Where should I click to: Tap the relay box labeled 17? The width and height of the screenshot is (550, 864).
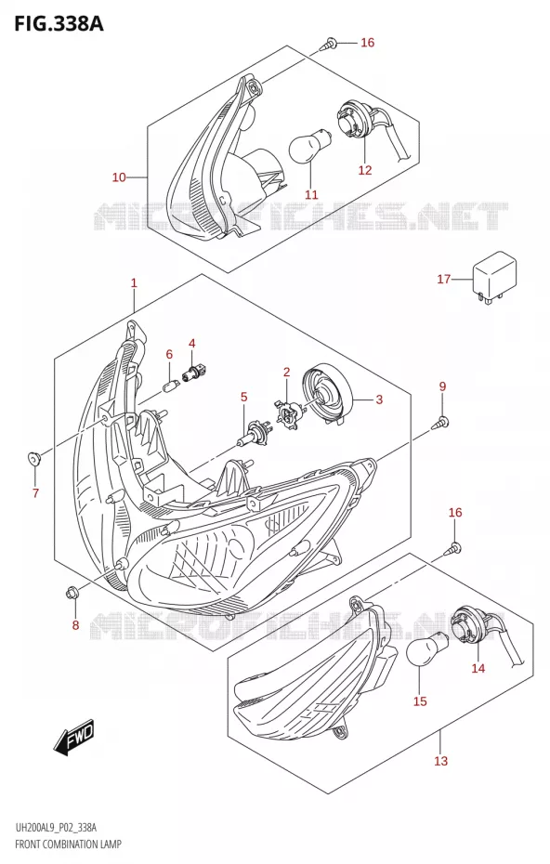click(x=493, y=277)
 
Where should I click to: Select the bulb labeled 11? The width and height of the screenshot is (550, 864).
click(x=310, y=143)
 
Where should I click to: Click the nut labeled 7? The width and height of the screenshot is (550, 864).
click(x=34, y=457)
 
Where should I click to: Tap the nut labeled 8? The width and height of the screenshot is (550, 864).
click(x=72, y=593)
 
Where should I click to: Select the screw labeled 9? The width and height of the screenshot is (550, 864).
click(x=442, y=423)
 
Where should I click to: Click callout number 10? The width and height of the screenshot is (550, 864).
click(x=119, y=177)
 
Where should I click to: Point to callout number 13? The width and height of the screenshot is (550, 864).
click(x=441, y=761)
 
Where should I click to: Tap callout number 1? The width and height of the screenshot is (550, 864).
click(x=134, y=283)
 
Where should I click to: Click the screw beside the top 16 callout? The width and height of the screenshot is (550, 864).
click(x=329, y=43)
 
